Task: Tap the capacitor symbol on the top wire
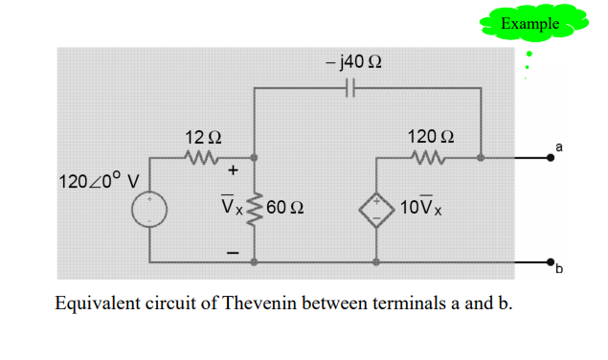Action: pyautogui.click(x=349, y=88)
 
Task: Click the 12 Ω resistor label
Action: pyautogui.click(x=203, y=137)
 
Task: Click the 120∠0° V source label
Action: pyautogui.click(x=99, y=180)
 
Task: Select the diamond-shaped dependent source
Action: pyautogui.click(x=377, y=208)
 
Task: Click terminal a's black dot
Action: pyautogui.click(x=551, y=161)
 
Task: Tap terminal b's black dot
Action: pyautogui.click(x=551, y=261)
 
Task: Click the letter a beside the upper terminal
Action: pyautogui.click(x=559, y=146)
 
